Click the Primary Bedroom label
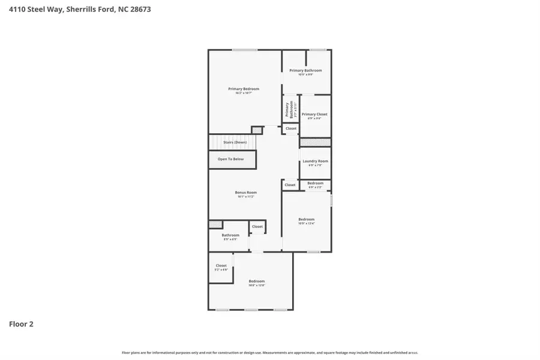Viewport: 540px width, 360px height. tap(244, 89)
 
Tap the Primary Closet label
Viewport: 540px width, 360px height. tap(314, 114)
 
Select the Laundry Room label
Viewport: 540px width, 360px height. tap(315, 161)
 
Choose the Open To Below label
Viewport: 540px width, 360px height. tap(230, 159)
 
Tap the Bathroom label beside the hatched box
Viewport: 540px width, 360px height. tap(230, 235)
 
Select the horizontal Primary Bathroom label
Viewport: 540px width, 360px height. tap(305, 70)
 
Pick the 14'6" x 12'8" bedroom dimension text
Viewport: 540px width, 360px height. tap(257, 286)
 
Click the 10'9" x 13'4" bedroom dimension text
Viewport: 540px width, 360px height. tap(307, 224)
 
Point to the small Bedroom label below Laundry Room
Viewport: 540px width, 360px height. tap(315, 183)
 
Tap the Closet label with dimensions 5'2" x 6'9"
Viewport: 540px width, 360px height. tap(221, 265)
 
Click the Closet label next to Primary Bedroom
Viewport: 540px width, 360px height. tap(291, 128)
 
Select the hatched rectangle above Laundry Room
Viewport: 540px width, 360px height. tap(315, 142)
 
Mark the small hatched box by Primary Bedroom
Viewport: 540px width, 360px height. tap(257, 130)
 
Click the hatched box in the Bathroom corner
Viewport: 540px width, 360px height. tap(215, 224)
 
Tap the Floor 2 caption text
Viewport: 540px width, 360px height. tap(21, 324)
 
